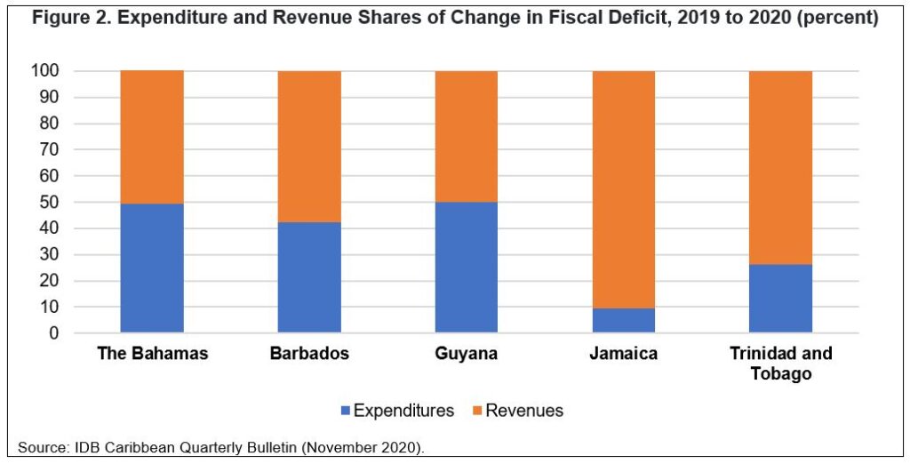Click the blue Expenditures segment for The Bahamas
point(152,268)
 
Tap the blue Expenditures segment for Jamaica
point(624,320)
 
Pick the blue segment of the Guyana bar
point(467,267)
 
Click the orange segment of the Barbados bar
point(309,146)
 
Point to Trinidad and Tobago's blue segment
point(781,298)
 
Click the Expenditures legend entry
point(396,411)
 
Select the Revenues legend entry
point(515,411)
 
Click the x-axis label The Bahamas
point(153,354)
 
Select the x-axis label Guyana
point(467,354)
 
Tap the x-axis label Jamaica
point(624,354)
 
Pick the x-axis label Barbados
point(309,354)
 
